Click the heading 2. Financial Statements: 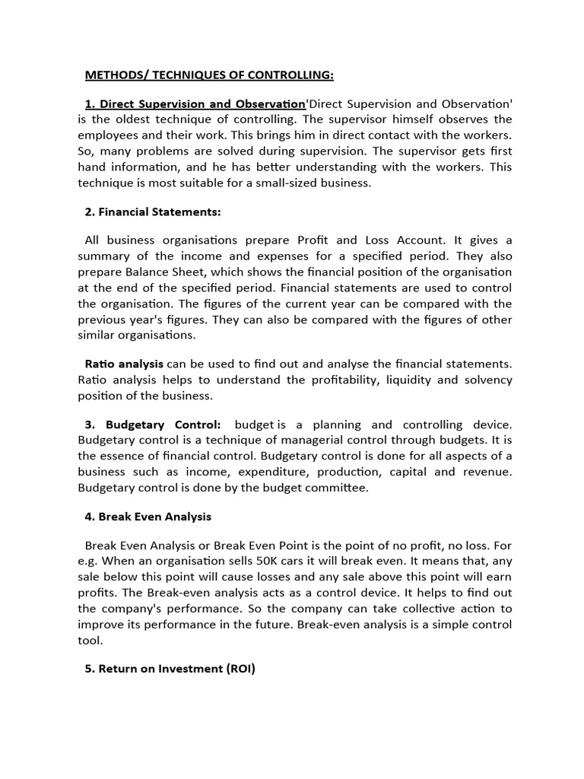click(x=153, y=211)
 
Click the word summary click(x=103, y=256)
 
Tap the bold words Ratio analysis click(x=124, y=364)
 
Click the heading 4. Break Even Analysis click(x=148, y=517)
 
